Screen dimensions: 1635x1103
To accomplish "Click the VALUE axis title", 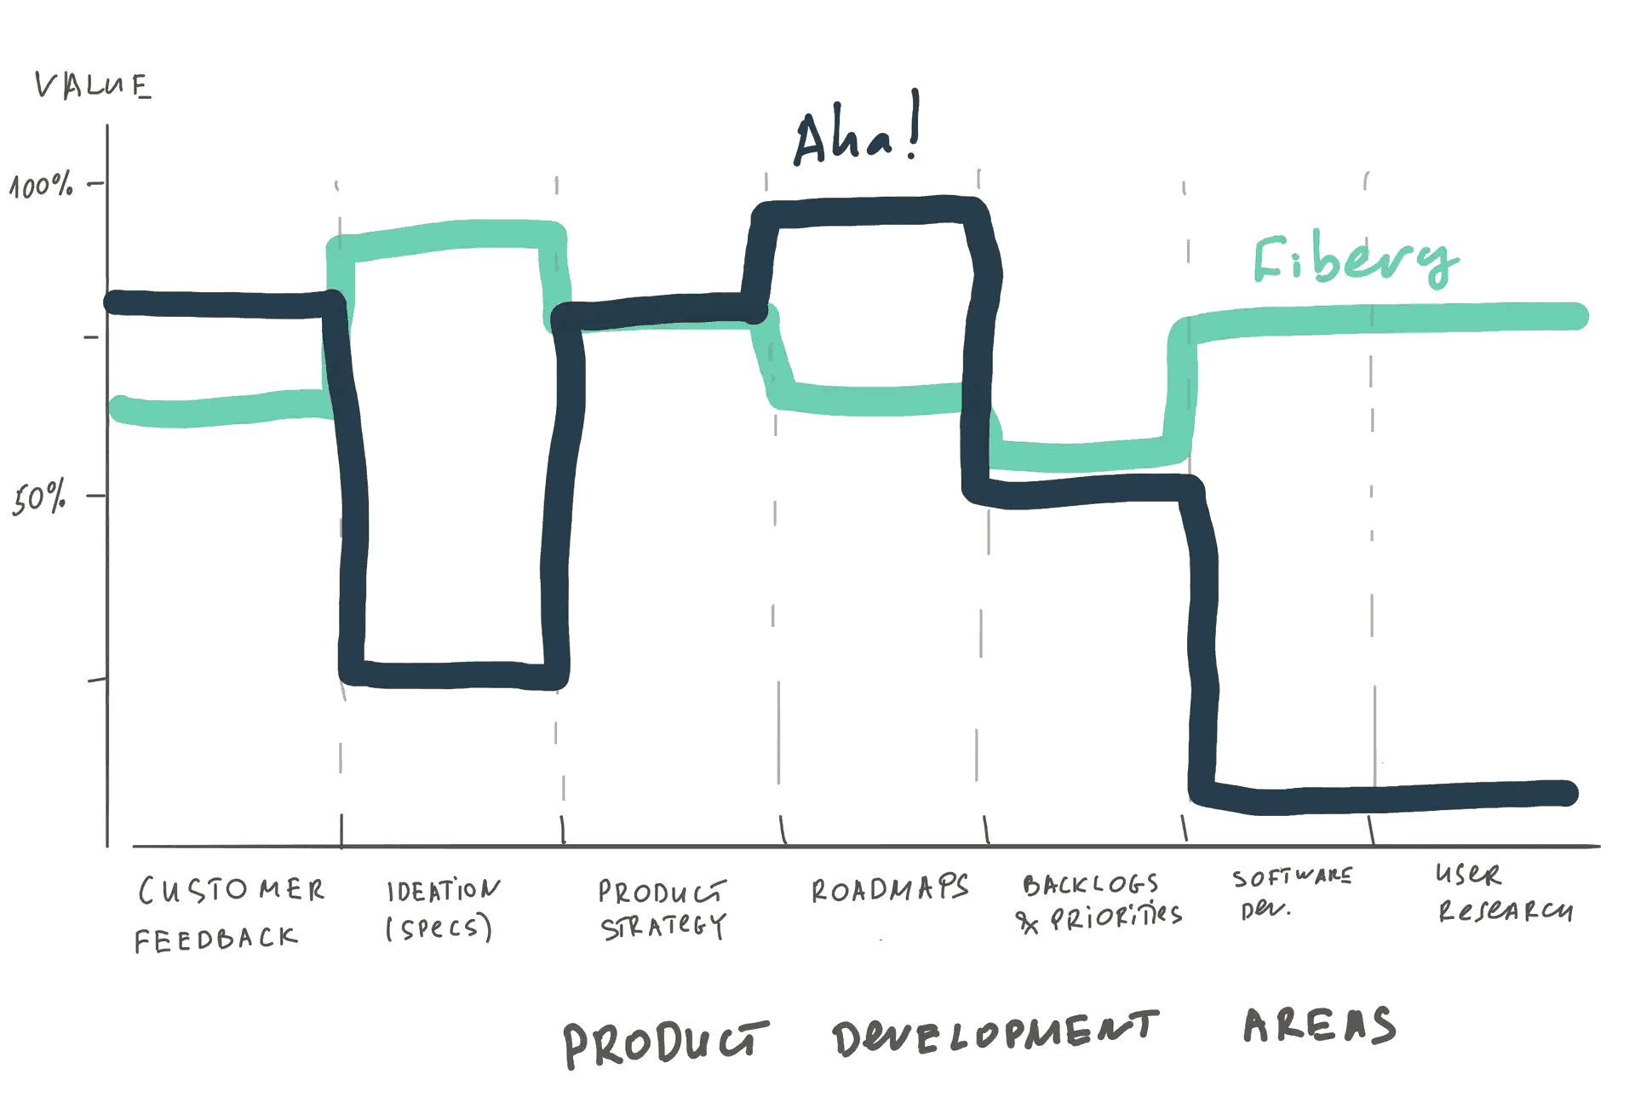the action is pyautogui.click(x=93, y=85).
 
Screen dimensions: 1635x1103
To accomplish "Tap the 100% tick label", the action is pyautogui.click(x=41, y=185).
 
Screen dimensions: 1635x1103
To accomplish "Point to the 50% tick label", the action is pyautogui.click(x=39, y=497).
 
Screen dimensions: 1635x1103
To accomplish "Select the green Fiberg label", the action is pyautogui.click(x=1356, y=259).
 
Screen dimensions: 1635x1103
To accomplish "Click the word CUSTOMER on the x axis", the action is pyautogui.click(x=231, y=891).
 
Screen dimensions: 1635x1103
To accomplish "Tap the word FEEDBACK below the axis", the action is pyautogui.click(x=216, y=939).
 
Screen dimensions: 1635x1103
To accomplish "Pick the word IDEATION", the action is pyautogui.click(x=444, y=890).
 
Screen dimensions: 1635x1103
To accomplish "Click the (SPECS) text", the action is pyautogui.click(x=439, y=928).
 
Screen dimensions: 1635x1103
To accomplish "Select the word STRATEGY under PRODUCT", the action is pyautogui.click(x=663, y=926).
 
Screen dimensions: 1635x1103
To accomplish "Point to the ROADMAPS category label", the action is pyautogui.click(x=890, y=888).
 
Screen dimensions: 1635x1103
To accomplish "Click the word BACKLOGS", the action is pyautogui.click(x=1091, y=885).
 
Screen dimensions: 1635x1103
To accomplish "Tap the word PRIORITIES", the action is pyautogui.click(x=1116, y=917).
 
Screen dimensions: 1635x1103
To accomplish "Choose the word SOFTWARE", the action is pyautogui.click(x=1292, y=877).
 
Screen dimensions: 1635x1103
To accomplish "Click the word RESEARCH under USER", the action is pyautogui.click(x=1506, y=911).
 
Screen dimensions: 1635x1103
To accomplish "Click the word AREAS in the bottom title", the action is pyautogui.click(x=1320, y=1025).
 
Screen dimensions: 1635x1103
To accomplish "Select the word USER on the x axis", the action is pyautogui.click(x=1468, y=874).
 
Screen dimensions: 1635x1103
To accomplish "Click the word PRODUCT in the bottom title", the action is pyautogui.click(x=666, y=1044).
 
